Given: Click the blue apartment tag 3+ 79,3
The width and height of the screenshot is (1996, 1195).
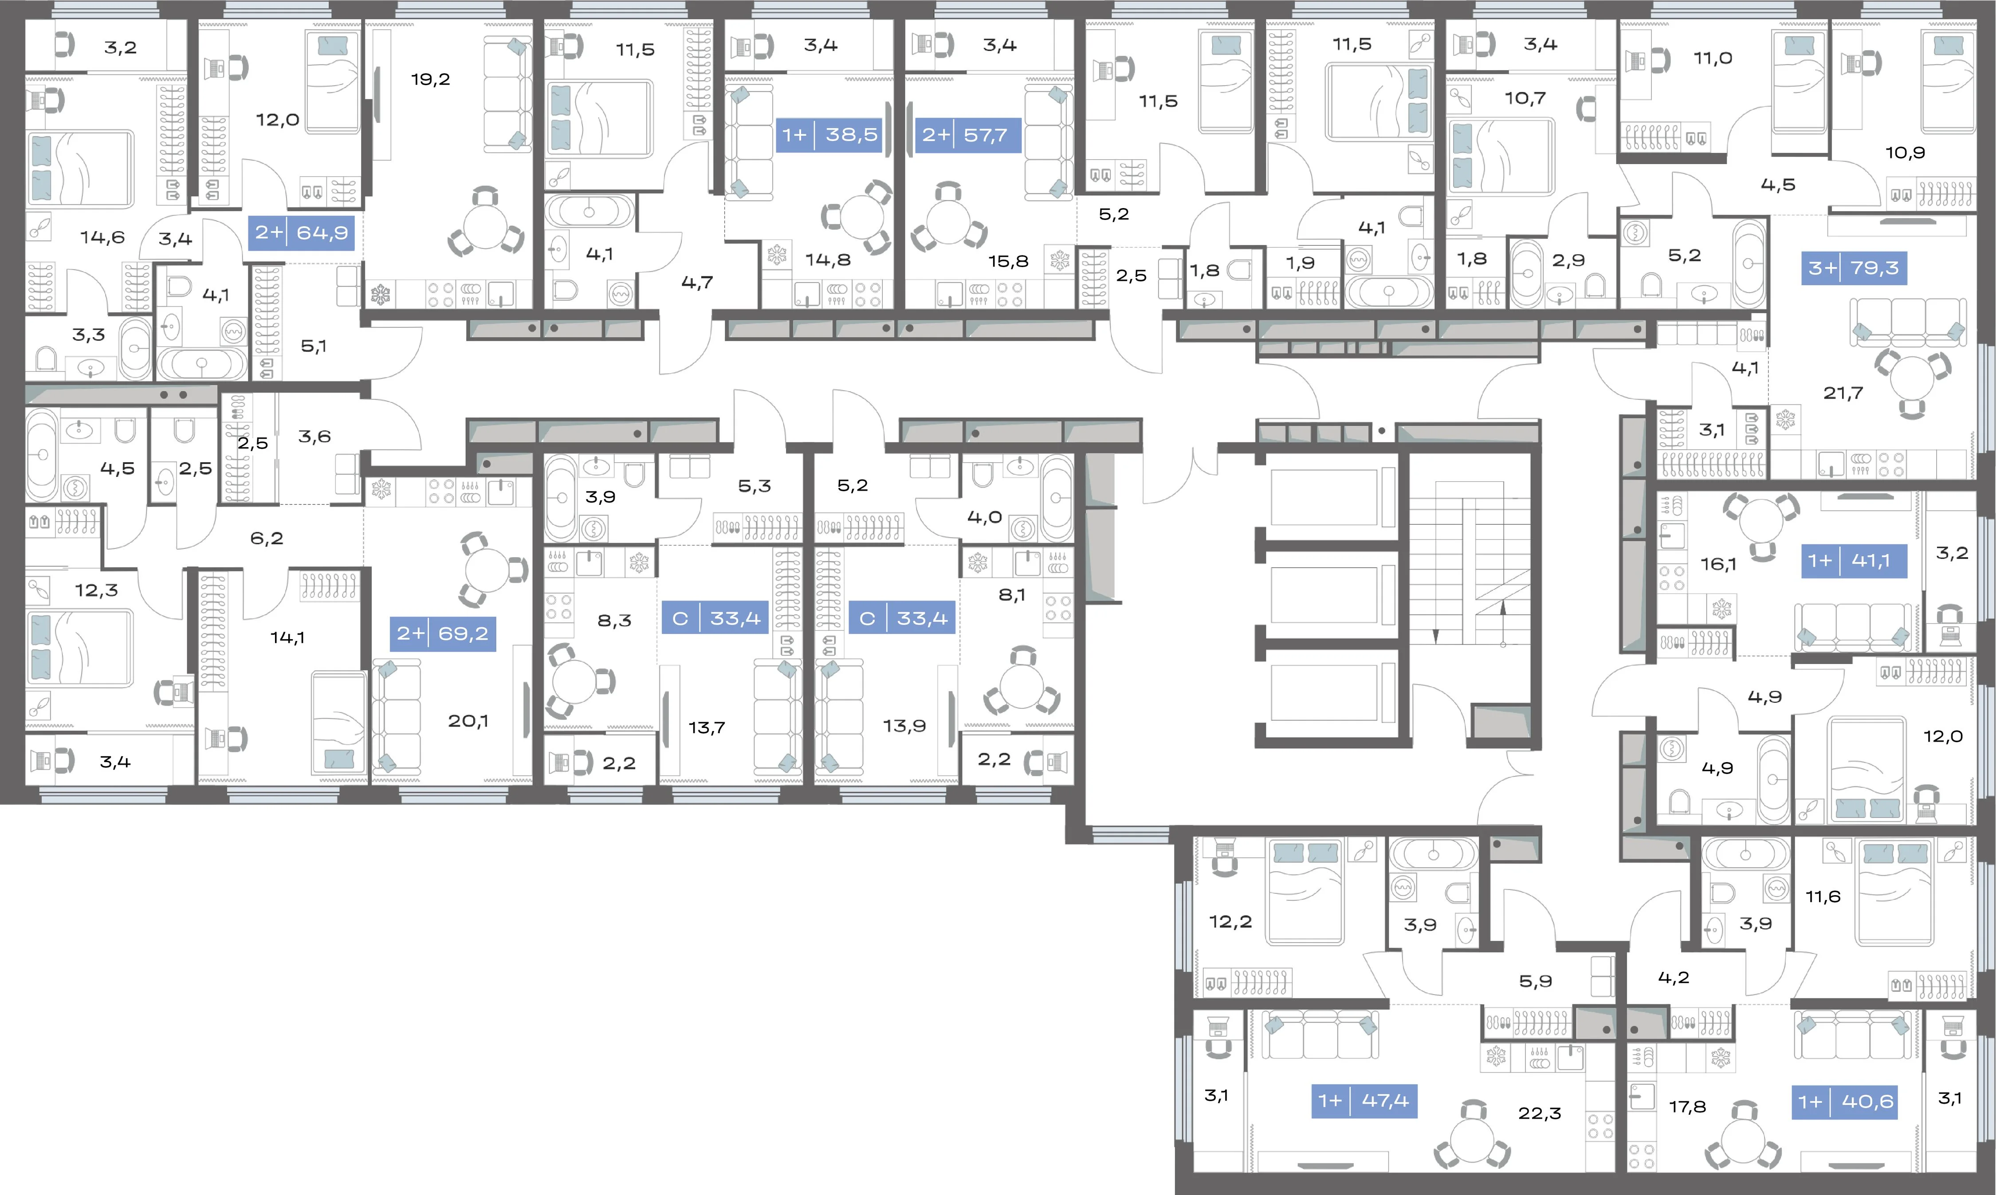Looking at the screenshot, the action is pyautogui.click(x=1854, y=268).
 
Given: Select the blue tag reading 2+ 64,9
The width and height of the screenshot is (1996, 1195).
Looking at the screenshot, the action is pyautogui.click(x=301, y=233).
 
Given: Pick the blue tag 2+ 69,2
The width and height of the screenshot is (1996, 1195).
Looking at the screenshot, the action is pyautogui.click(x=442, y=634).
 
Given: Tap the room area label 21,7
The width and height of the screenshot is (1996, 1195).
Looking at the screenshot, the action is pyautogui.click(x=1843, y=393).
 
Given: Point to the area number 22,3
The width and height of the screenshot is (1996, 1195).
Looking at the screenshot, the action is pyautogui.click(x=1540, y=1113).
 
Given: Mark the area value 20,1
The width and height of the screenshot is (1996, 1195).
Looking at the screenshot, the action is pyautogui.click(x=468, y=721).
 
